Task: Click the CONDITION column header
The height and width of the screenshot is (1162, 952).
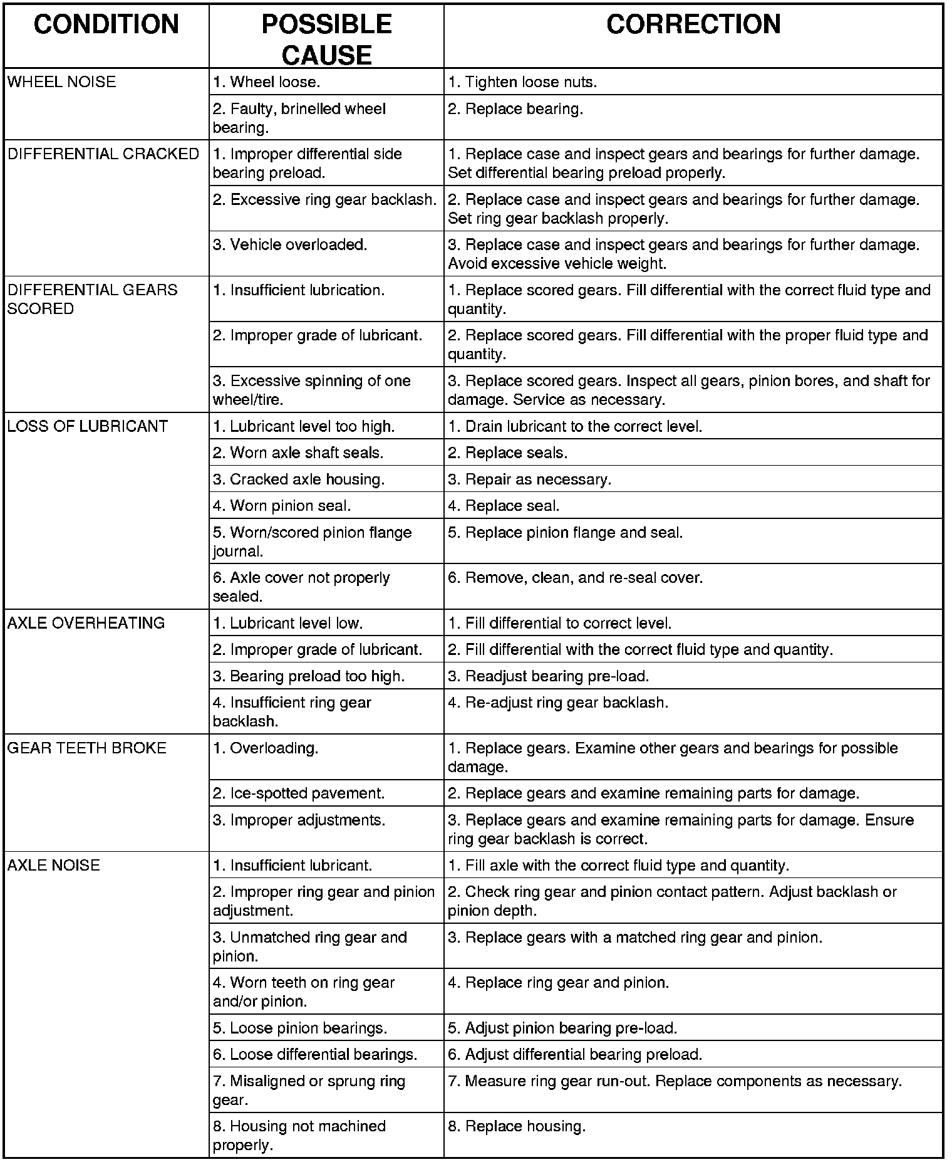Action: point(106,24)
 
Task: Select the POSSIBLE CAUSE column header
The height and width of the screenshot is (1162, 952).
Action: point(326,39)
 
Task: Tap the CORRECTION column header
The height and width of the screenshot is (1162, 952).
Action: point(693,24)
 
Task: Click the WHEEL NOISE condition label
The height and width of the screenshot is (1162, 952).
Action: point(61,82)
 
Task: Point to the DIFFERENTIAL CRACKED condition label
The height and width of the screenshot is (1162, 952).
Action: point(103,154)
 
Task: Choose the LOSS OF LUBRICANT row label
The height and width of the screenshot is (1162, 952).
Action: point(88,426)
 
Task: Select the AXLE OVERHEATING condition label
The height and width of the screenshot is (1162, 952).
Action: point(86,623)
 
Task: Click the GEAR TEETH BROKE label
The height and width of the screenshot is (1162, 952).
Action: point(86,748)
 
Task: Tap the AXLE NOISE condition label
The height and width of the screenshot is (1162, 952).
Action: point(53,865)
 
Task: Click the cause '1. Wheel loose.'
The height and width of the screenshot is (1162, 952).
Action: point(266,82)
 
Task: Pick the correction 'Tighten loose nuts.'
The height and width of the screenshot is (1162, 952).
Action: point(522,82)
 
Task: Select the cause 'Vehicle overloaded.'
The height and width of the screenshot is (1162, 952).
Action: point(290,244)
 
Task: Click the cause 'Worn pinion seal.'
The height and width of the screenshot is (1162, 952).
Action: point(282,506)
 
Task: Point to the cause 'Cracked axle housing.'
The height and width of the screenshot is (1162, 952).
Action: point(299,479)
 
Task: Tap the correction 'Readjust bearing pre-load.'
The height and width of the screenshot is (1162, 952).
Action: point(549,676)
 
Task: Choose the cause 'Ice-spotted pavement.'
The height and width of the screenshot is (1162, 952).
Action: point(299,793)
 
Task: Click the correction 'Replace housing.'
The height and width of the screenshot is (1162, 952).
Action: point(517,1126)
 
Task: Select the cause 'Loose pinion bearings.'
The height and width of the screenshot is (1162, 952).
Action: point(300,1028)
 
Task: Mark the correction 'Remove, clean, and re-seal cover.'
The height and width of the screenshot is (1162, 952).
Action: point(576,577)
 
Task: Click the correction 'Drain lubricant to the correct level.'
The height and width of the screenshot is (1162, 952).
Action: point(575,426)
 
